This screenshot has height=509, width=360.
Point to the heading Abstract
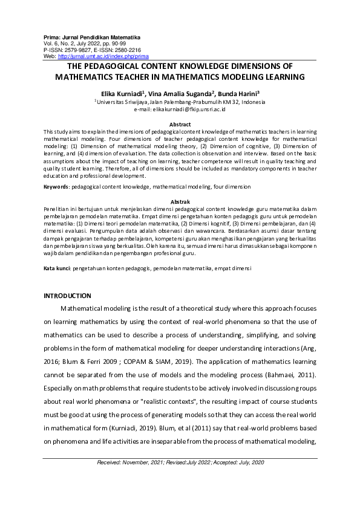[x=180, y=124]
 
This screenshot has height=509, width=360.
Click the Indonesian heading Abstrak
[x=180, y=201]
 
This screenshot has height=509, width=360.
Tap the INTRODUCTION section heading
[x=68, y=296]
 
